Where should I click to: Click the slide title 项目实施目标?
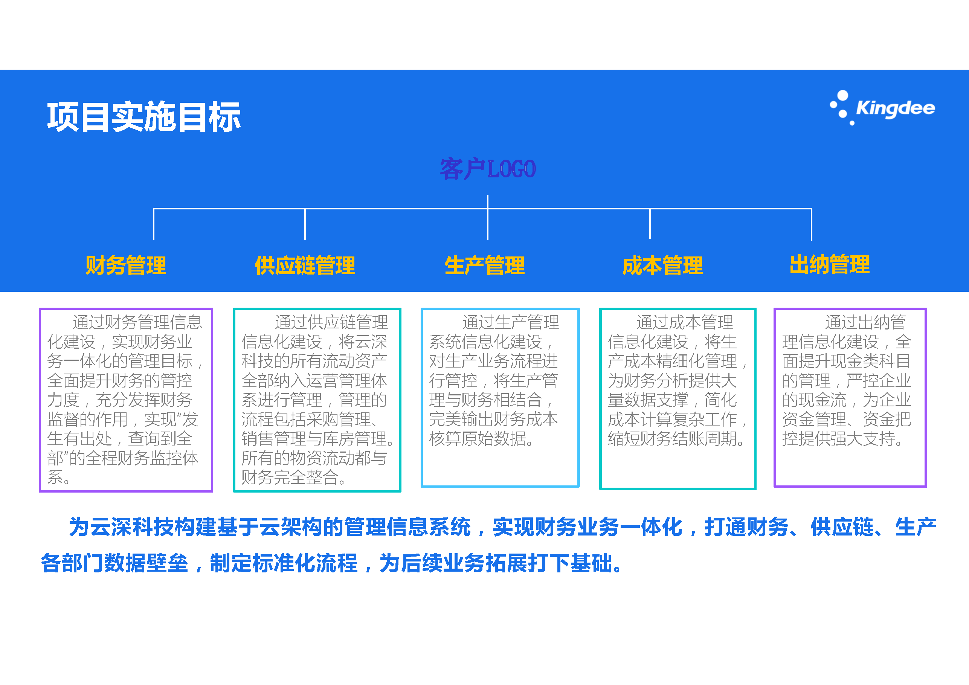click(x=144, y=117)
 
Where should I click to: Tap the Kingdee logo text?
click(x=896, y=108)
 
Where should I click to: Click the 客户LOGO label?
click(x=488, y=169)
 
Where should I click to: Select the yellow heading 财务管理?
click(x=126, y=265)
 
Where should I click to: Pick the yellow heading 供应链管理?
click(x=305, y=265)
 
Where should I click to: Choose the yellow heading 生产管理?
click(x=485, y=265)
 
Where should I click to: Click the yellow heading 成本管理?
click(x=662, y=265)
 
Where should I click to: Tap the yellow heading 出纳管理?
click(x=830, y=265)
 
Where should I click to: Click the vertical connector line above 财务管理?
click(x=154, y=224)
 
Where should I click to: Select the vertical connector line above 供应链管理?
click(x=305, y=224)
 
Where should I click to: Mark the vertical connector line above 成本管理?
click(x=650, y=224)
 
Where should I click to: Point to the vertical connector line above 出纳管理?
click(x=812, y=224)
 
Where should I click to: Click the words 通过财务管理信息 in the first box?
click(x=137, y=322)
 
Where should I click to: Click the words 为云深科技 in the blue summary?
click(x=122, y=527)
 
